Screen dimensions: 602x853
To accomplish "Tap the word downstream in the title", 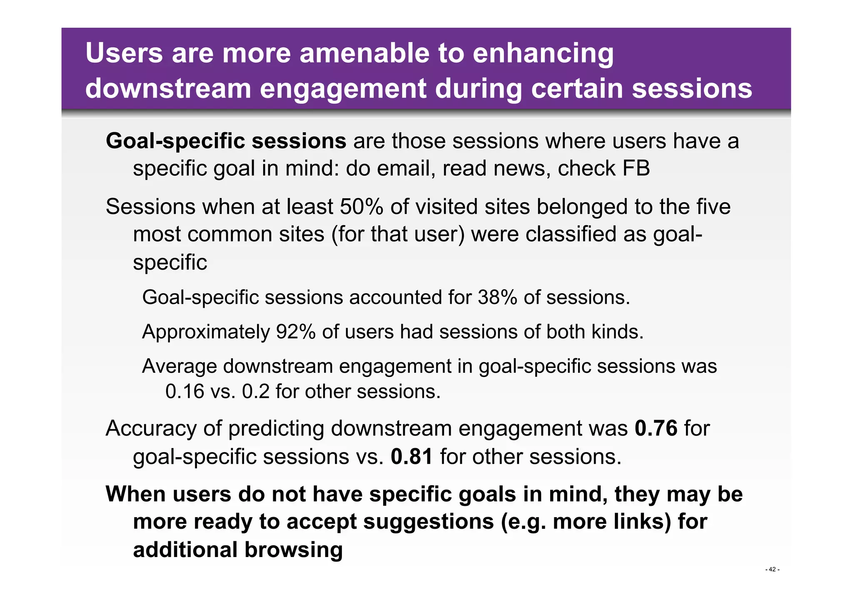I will pos(168,88).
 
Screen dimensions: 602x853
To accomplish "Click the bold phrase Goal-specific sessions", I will pos(226,141).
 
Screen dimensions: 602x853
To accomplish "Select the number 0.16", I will pos(185,391).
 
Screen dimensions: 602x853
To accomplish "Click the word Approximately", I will pos(206,332).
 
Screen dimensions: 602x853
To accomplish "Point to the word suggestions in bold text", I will pos(428,521).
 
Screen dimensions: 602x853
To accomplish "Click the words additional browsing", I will pos(237,550).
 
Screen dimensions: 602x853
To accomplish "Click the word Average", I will pos(180,366).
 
